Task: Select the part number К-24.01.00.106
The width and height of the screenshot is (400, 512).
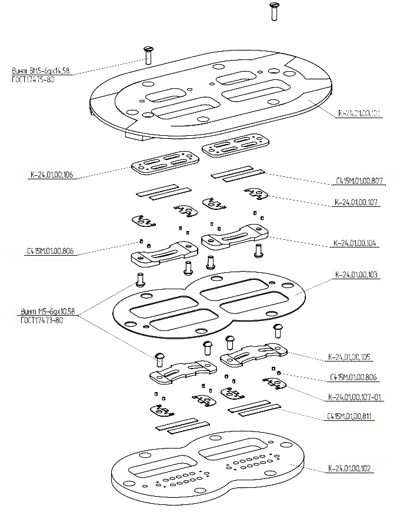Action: click(52, 175)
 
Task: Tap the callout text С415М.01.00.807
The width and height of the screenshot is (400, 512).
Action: click(360, 182)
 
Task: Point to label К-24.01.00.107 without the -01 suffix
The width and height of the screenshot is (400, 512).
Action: click(356, 203)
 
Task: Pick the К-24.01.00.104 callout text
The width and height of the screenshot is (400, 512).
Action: click(356, 243)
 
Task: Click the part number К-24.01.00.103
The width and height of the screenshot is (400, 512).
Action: click(356, 275)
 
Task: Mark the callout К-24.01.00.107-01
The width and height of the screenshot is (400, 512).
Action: click(354, 397)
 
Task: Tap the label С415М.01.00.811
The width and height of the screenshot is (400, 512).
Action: click(351, 417)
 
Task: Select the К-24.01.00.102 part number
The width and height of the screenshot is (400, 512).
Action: click(351, 469)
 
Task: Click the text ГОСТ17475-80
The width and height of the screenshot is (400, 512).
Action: click(33, 79)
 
